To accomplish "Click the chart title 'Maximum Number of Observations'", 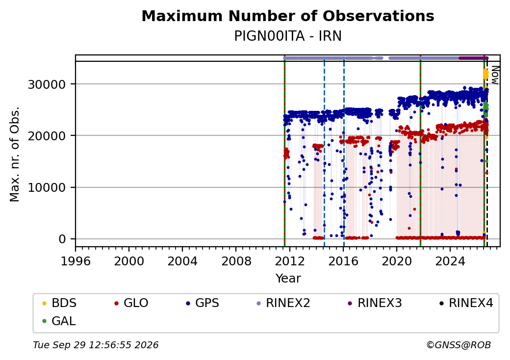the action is click(x=288, y=16).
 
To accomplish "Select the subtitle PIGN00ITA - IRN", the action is click(x=288, y=36).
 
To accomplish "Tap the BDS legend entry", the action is click(x=59, y=303).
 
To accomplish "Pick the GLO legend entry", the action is click(x=131, y=303).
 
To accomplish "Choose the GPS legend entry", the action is click(x=203, y=303).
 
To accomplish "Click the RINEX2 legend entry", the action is click(x=283, y=303).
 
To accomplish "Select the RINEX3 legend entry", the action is click(x=375, y=303).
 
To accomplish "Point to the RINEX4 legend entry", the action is click(x=466, y=303).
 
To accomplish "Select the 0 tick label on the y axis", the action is click(x=62, y=239).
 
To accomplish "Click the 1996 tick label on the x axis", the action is click(x=76, y=261).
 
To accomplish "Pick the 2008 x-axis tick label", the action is click(x=236, y=261).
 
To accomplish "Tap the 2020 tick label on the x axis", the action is click(x=397, y=261).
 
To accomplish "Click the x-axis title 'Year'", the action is click(x=288, y=279).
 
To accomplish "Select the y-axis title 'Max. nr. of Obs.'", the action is click(x=15, y=154).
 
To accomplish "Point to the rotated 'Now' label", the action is click(x=495, y=75).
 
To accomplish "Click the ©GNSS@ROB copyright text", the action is click(x=459, y=345).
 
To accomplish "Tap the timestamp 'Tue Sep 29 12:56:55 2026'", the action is click(x=96, y=345).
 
